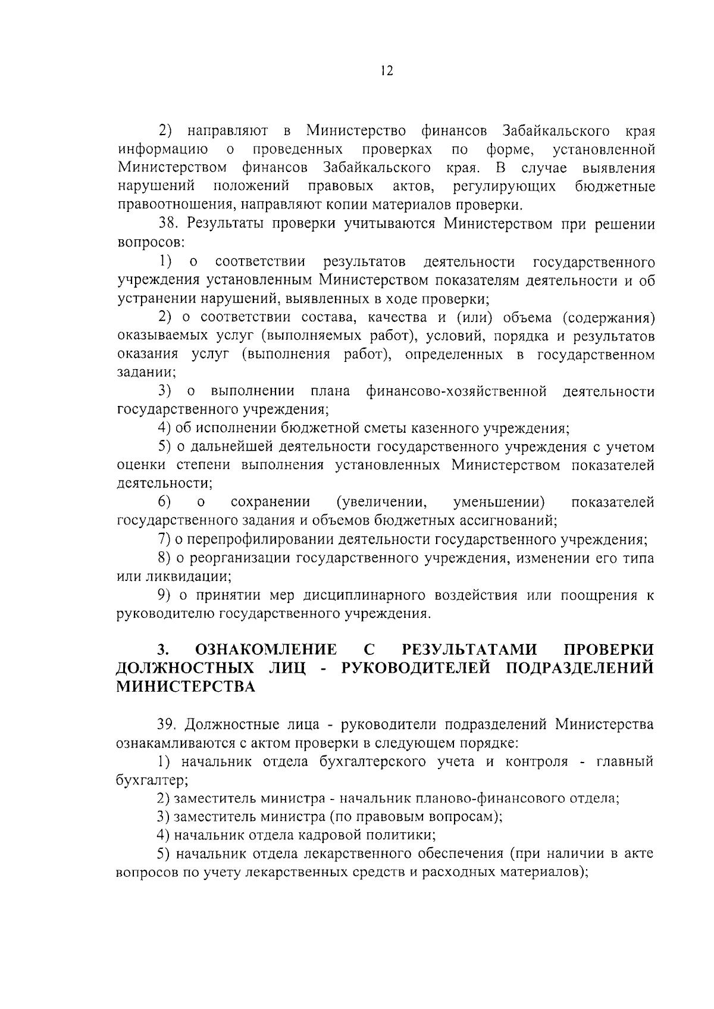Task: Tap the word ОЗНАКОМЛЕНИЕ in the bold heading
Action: tap(266, 649)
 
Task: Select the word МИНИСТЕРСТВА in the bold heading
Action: tap(186, 686)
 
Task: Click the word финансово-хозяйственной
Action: tap(456, 392)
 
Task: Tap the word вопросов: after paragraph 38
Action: tap(151, 243)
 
